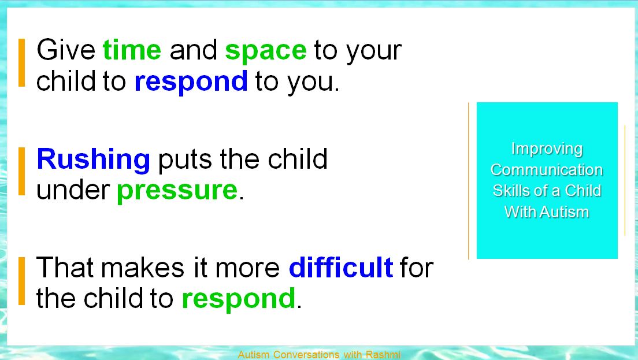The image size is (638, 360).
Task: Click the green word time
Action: (x=132, y=50)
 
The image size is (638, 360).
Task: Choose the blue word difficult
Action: (x=340, y=267)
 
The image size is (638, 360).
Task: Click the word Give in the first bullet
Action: (x=66, y=50)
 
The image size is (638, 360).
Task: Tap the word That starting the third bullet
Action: (x=65, y=268)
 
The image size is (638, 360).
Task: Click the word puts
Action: (x=185, y=160)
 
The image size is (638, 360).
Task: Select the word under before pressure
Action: (x=73, y=190)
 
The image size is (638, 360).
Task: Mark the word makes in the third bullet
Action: (x=142, y=268)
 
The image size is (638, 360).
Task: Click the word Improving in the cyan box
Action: (x=547, y=149)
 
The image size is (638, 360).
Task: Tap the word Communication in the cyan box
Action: (x=547, y=170)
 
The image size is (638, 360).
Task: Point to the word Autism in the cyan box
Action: (x=565, y=212)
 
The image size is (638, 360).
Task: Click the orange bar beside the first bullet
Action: (x=21, y=62)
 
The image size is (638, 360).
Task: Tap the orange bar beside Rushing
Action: (x=21, y=171)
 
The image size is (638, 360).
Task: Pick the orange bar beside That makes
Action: (x=21, y=281)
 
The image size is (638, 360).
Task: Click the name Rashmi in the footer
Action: (x=383, y=355)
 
